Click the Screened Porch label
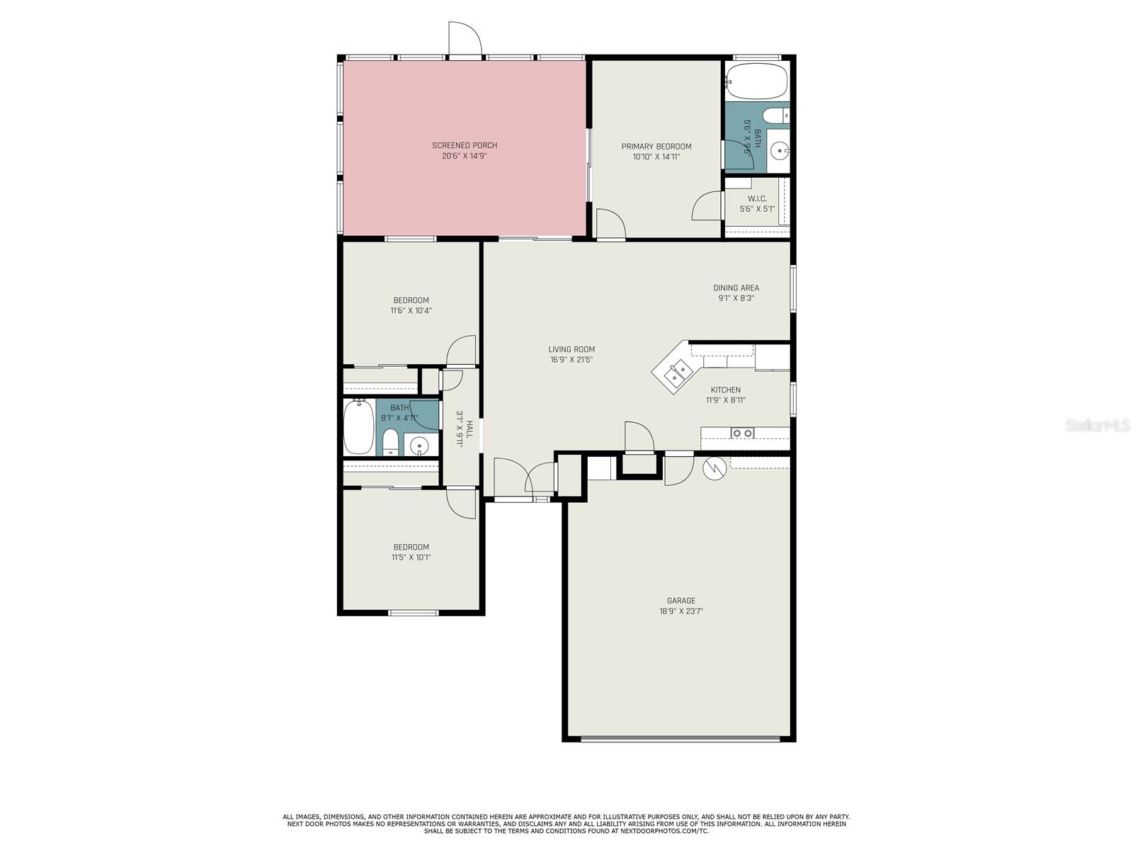coord(465,145)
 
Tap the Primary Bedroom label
coord(656,147)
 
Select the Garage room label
coord(681,601)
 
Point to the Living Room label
coord(571,349)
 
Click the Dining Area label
coord(736,288)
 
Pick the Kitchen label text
coord(725,390)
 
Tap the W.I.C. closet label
coord(757,199)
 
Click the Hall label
coord(469,429)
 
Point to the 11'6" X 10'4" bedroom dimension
coord(411,311)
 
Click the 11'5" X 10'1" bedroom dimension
coord(411,557)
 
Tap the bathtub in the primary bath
coord(756,81)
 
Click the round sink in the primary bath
coord(778,151)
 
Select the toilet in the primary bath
coord(775,115)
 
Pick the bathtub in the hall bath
coord(359,427)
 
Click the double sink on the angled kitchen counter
coord(678,374)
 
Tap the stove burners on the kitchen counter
coord(742,433)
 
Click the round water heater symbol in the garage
coord(714,467)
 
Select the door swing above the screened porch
coord(465,38)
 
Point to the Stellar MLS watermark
coord(1098,425)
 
